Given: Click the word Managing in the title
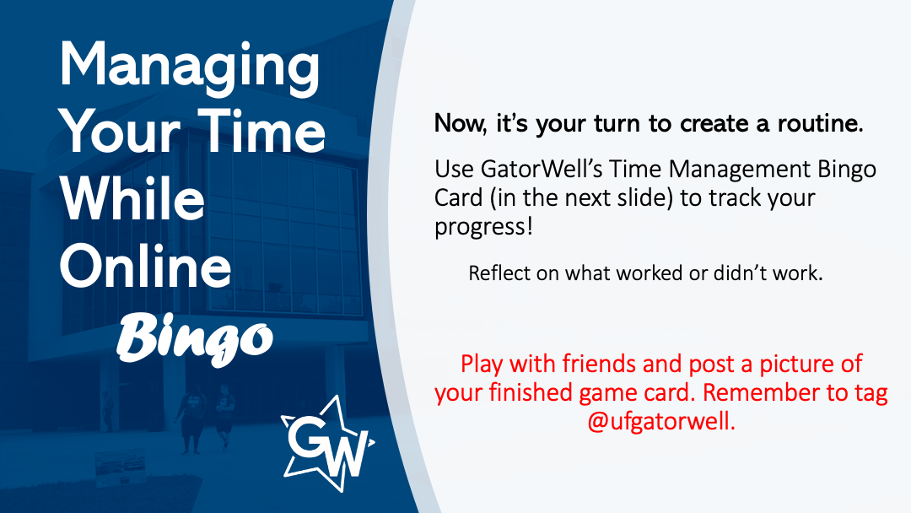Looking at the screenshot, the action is tap(190, 68).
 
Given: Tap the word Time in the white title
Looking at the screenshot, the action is tap(261, 132).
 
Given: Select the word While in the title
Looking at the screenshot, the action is tap(132, 198).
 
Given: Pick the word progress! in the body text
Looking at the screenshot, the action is tap(483, 227).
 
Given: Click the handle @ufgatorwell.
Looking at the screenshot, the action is tap(661, 421).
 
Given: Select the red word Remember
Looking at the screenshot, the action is tap(763, 392).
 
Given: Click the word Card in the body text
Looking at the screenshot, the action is tap(459, 198).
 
